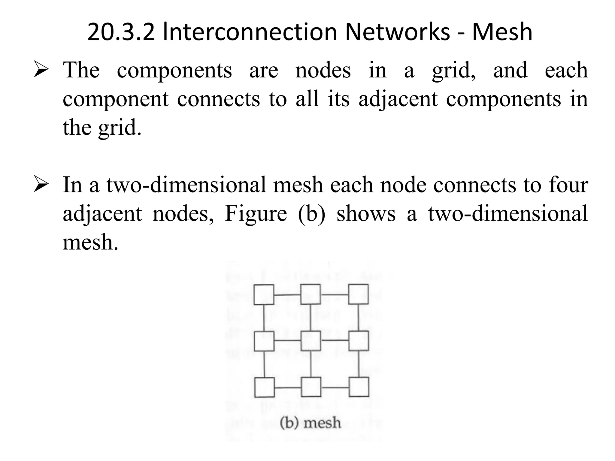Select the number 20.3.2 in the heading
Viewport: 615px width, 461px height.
click(x=121, y=32)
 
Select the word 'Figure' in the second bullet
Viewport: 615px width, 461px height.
click(x=256, y=214)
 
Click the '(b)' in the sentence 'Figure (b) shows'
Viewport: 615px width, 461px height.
click(x=311, y=214)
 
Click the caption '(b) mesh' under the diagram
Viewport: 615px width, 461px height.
click(x=311, y=423)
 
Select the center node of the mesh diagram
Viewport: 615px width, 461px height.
click(x=311, y=341)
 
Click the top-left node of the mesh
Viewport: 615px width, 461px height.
click(x=264, y=295)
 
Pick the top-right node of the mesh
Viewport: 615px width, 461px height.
click(x=358, y=294)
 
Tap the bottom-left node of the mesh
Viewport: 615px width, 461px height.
click(x=264, y=387)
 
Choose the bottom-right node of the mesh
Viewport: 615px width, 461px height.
click(x=359, y=387)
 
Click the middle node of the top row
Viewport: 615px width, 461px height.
click(x=311, y=294)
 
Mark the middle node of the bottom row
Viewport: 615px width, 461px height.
click(x=311, y=387)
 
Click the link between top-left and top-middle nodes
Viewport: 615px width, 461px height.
click(x=287, y=295)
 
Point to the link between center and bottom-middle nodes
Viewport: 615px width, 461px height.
click(x=311, y=364)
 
